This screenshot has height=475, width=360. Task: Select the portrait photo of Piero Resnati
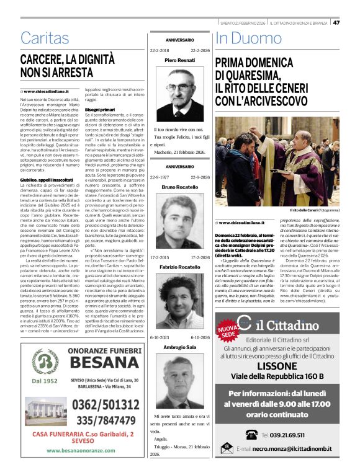(x=179, y=89)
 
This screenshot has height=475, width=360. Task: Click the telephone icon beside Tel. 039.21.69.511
(x=251, y=434)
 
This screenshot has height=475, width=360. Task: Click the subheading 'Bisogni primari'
(x=100, y=109)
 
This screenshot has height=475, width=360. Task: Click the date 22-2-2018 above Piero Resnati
(x=161, y=50)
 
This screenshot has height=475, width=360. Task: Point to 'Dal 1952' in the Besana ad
(x=45, y=380)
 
